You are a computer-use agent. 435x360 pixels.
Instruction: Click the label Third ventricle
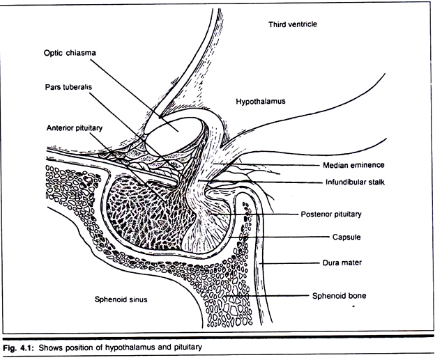point(293,24)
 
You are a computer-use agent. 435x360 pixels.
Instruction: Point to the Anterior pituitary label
point(80,128)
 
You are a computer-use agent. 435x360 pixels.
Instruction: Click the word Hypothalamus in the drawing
point(261,101)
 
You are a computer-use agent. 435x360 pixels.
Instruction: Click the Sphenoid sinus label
point(124,300)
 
